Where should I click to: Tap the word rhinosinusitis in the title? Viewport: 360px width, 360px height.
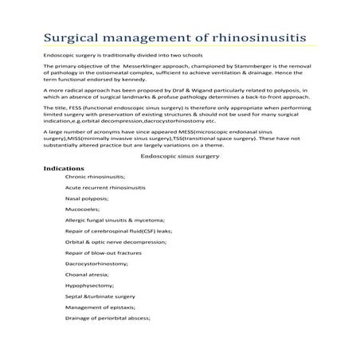tap(254, 38)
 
